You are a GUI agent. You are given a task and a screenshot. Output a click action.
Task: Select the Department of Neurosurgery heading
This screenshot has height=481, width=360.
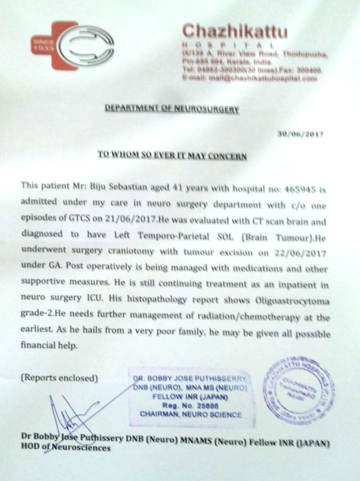[x=172, y=109]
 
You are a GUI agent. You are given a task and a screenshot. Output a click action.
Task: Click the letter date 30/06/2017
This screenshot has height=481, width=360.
[x=300, y=134]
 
